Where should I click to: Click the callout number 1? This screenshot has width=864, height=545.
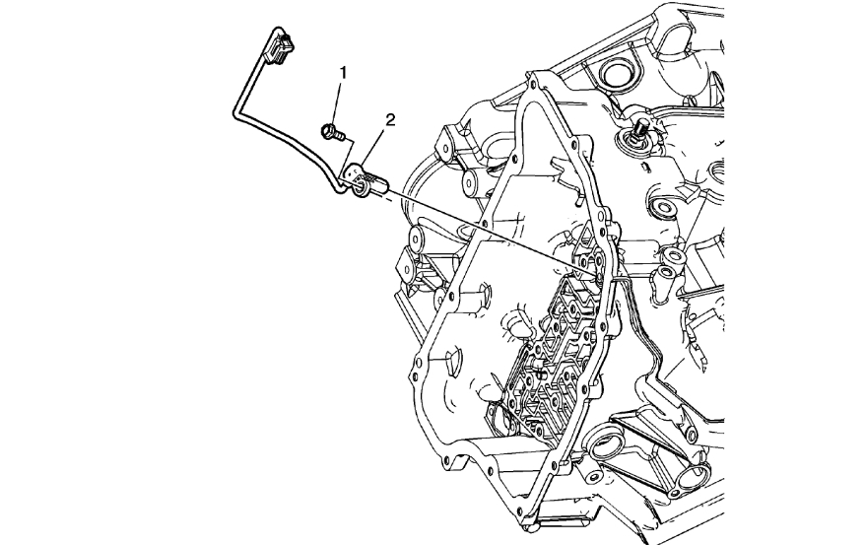(x=342, y=72)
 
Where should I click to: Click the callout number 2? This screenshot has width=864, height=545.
(x=390, y=120)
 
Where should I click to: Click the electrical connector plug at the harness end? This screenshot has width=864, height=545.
(x=282, y=48)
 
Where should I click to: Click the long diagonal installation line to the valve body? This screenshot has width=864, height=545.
(x=493, y=232)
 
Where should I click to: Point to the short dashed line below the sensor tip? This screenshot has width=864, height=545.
(x=399, y=197)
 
